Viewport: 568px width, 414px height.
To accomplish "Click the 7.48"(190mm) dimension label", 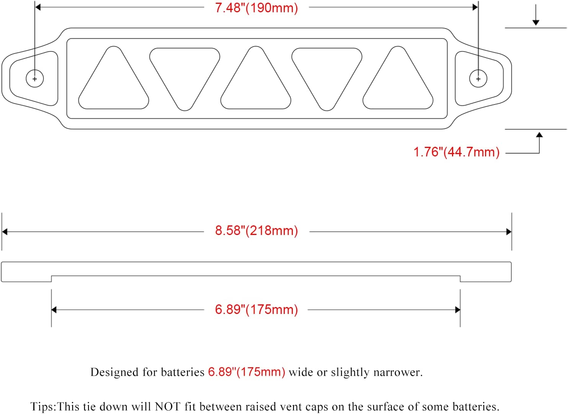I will coord(256,8).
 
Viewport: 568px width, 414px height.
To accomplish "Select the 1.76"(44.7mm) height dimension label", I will coord(456,152).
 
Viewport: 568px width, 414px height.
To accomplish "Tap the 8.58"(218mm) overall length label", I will coord(256,231).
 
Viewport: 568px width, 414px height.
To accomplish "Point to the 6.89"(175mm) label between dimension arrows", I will coord(256,309).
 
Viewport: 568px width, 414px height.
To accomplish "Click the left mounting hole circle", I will coord(35,79).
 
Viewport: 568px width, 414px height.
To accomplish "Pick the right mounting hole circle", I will coord(478,79).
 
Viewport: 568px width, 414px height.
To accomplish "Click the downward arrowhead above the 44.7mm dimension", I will coord(536,23).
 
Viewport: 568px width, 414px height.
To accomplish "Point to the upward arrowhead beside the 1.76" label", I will coord(539,135).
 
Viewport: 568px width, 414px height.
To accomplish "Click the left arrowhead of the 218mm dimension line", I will coord(5,232).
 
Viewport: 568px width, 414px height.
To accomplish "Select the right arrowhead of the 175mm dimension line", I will coord(457,310).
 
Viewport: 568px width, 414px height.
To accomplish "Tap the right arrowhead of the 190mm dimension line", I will coord(475,7).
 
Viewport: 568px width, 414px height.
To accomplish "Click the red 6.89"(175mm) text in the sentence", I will coord(246,372).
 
